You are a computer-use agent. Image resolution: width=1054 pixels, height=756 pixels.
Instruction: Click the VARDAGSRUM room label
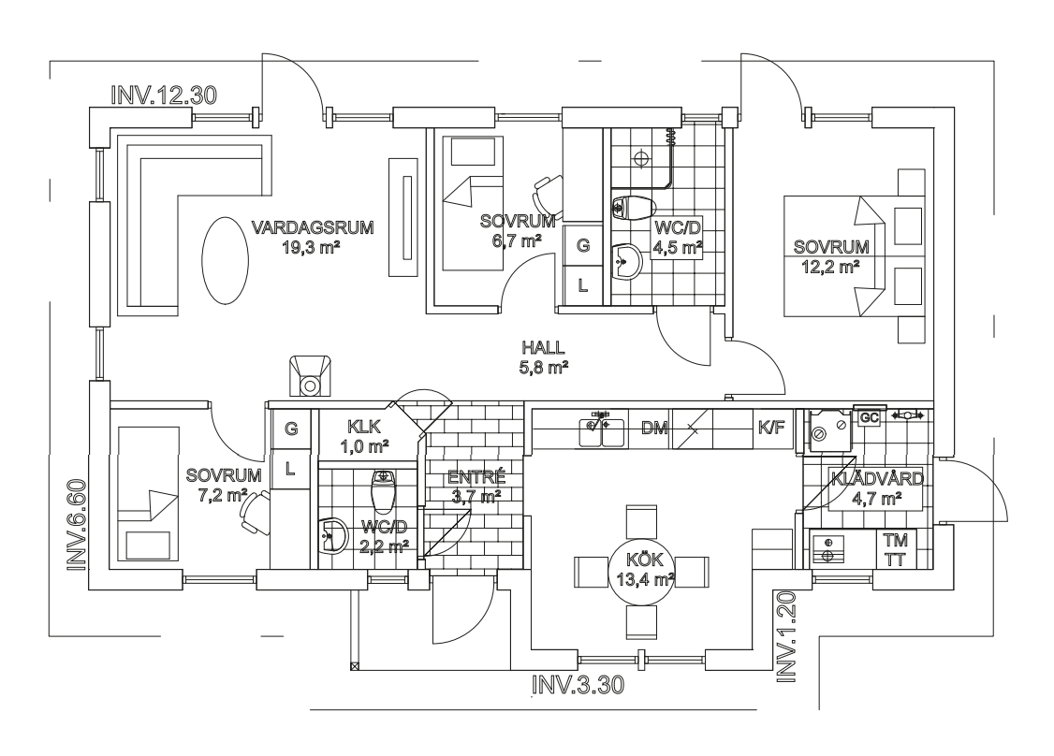point(313,227)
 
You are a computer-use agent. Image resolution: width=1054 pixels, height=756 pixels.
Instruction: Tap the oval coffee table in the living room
point(225,260)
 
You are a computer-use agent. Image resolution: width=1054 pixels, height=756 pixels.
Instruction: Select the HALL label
point(543,348)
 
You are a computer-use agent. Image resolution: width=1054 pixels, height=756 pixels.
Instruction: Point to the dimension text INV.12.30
point(164,95)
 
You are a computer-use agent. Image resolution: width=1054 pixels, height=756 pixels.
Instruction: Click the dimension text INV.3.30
point(578,686)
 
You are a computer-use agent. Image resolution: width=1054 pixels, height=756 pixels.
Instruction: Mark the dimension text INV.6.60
point(78,526)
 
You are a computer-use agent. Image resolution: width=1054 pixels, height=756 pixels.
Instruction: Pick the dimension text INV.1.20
point(786,638)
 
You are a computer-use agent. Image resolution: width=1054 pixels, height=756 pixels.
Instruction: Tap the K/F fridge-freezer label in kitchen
point(771,428)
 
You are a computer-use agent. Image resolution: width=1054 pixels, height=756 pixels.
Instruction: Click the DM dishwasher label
point(654,429)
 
